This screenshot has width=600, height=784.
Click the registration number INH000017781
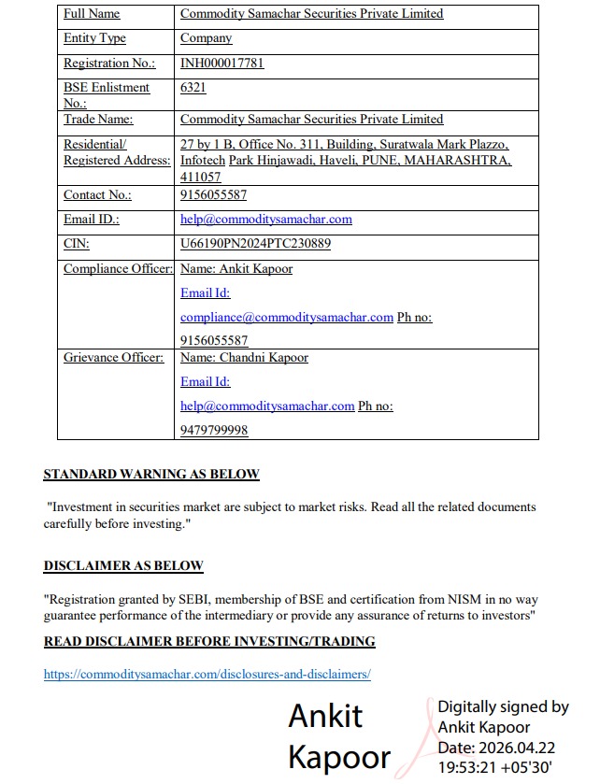(221, 64)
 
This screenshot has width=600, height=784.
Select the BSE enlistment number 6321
(193, 88)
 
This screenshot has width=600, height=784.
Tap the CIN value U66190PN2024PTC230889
(255, 244)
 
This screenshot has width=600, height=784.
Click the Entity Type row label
(94, 38)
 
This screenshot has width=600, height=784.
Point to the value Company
(206, 38)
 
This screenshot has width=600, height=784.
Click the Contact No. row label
(97, 195)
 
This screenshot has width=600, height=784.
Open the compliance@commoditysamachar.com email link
(286, 318)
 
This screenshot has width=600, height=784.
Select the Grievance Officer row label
(113, 358)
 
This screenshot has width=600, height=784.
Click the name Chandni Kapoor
(264, 358)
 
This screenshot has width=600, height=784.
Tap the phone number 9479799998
(214, 430)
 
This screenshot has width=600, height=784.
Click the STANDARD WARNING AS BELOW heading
(151, 475)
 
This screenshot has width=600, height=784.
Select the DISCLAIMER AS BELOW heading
(123, 566)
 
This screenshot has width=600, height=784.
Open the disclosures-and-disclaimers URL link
(207, 674)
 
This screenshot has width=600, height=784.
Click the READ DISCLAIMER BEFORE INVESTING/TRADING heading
(209, 642)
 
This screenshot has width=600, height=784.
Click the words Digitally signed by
(503, 707)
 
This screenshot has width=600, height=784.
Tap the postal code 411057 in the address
(201, 177)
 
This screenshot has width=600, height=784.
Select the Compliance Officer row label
(118, 269)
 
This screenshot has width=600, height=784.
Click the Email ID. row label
(92, 220)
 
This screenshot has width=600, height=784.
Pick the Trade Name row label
(98, 120)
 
